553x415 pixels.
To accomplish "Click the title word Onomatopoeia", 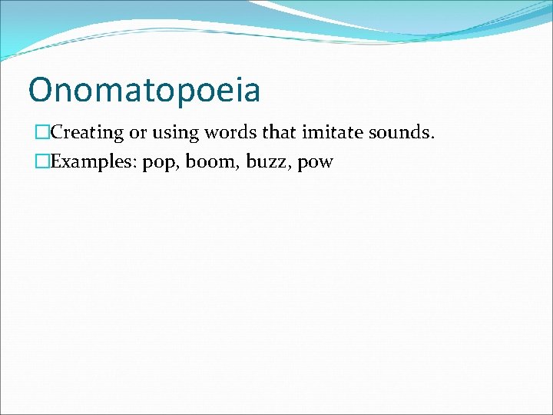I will click(144, 91).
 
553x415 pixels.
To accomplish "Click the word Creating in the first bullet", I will click(87, 132).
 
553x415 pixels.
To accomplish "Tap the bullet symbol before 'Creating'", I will click(42, 132).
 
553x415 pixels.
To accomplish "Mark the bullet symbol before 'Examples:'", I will click(42, 162).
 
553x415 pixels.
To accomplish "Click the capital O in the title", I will click(39, 91).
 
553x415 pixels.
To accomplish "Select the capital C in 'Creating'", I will click(56, 132).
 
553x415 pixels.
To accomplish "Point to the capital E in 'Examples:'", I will click(55, 162).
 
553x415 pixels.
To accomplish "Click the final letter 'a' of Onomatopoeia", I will click(251, 92).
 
